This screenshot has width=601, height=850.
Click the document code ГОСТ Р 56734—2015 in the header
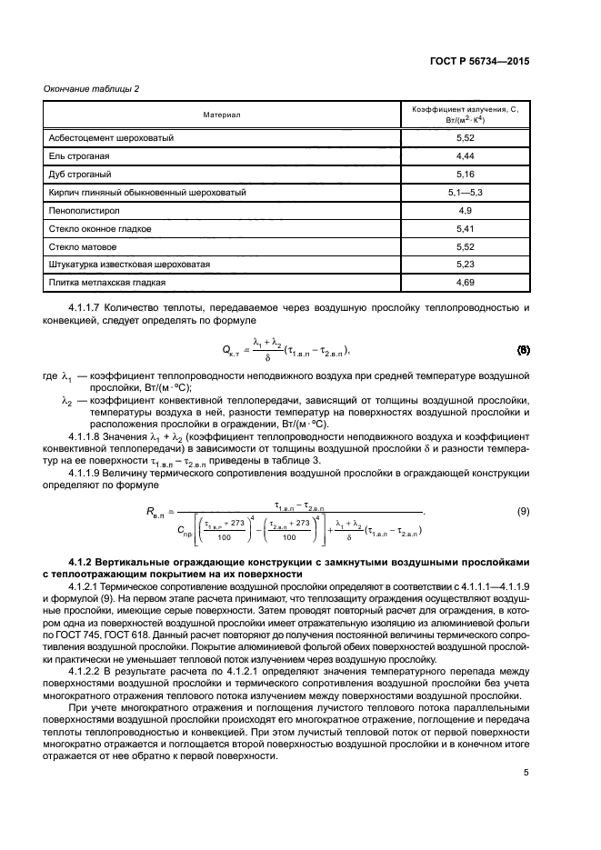pos(482,62)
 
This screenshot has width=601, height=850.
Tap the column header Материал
pos(221,115)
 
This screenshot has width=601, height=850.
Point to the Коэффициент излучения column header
pos(465,115)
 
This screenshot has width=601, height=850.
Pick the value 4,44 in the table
pos(466,156)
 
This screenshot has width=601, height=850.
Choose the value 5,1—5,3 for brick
pos(466,193)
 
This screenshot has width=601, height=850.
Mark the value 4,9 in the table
pos(466,211)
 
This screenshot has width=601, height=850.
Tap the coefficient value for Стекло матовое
pos(466,246)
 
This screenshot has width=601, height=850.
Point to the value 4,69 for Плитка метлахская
pos(466,283)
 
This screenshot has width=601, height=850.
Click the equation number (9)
pos(523,512)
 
